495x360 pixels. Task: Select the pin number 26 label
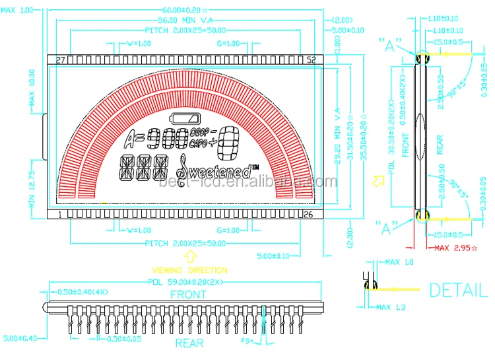[308, 215]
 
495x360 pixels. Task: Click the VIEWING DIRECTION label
[189, 270]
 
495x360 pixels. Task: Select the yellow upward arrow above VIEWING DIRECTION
[189, 256]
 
